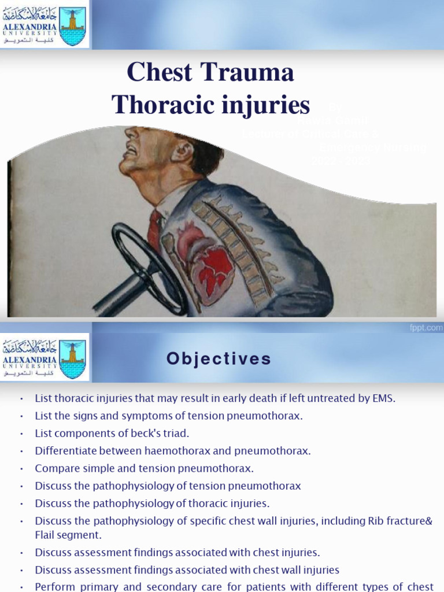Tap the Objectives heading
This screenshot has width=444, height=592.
[x=219, y=359]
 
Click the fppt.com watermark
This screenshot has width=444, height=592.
[x=427, y=327]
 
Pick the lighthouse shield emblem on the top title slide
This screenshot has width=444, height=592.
[x=73, y=26]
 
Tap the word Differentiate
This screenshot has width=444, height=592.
[x=65, y=451]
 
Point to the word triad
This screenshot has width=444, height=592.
[x=176, y=434]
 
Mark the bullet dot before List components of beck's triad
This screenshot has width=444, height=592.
[x=21, y=434]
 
